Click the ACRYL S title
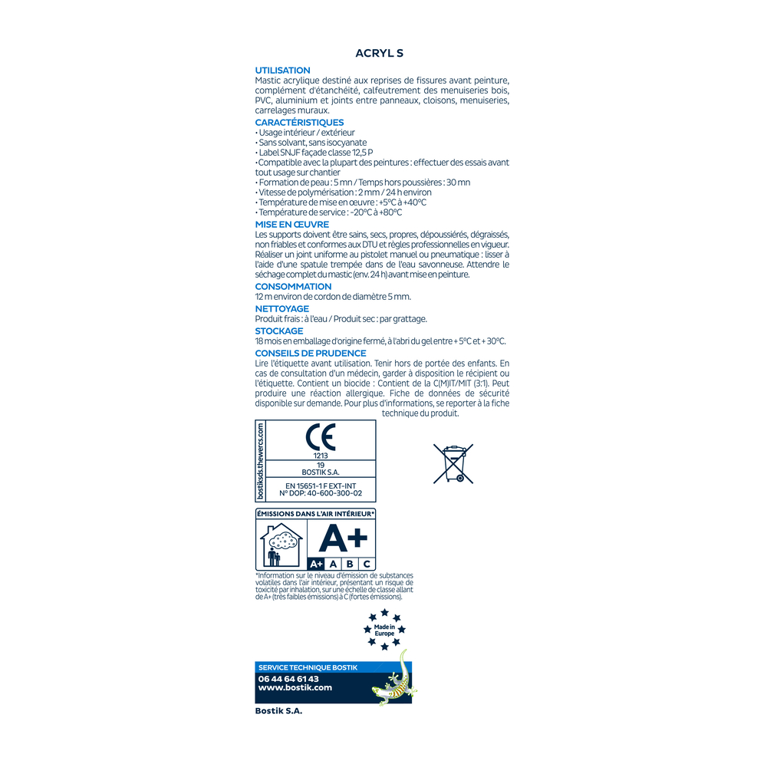[379, 54]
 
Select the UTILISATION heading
[282, 71]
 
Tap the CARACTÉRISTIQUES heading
[299, 123]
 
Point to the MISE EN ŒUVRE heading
[291, 225]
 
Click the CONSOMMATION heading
[293, 287]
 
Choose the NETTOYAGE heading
[281, 309]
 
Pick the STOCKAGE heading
[278, 331]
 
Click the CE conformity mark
[321, 437]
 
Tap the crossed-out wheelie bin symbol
[453, 463]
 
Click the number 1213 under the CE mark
[321, 456]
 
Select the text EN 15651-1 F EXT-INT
[321, 486]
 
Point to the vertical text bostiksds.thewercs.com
[261, 461]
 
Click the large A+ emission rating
[343, 538]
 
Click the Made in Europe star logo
[384, 630]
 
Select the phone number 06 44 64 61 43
[288, 679]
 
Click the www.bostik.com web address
[295, 688]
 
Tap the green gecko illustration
[393, 681]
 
